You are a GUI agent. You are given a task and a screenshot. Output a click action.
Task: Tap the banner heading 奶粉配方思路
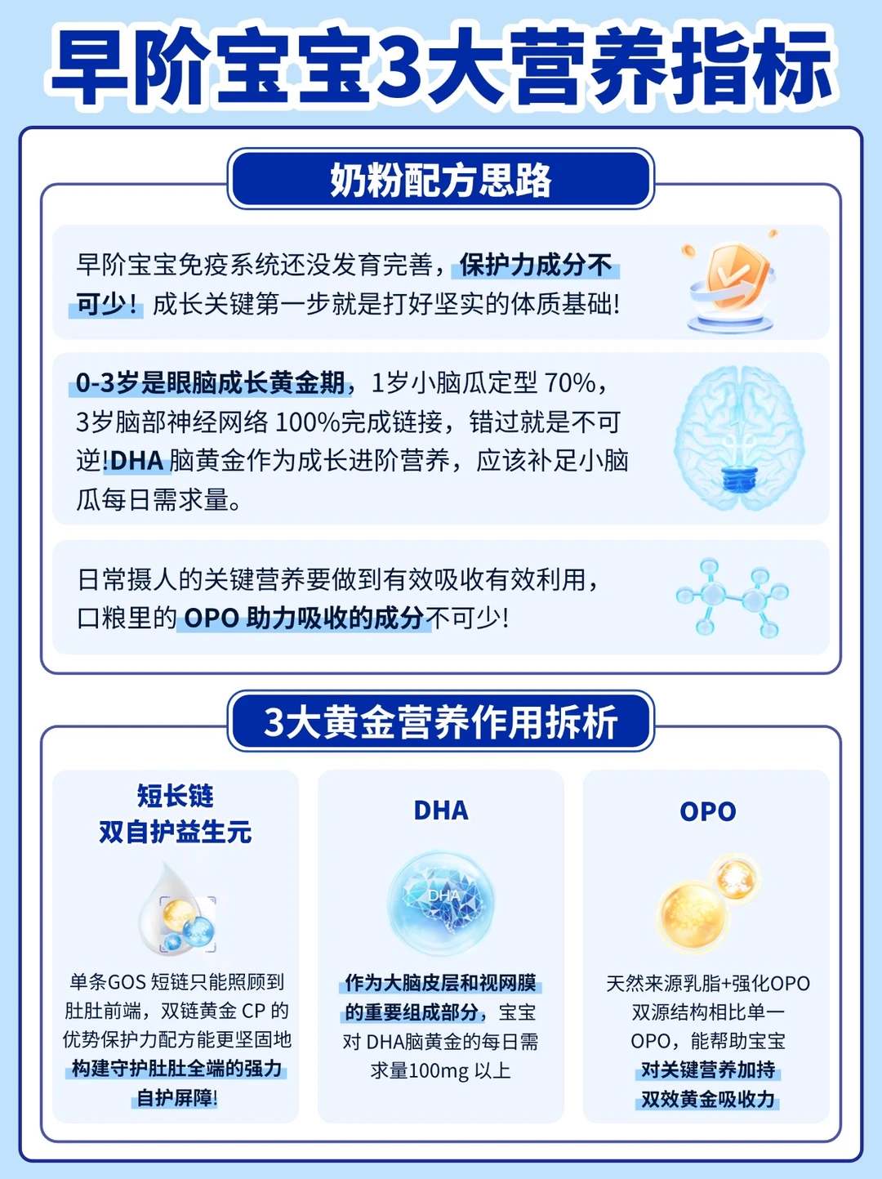pyautogui.click(x=440, y=180)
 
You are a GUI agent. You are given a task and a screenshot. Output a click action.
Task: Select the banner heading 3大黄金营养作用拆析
pyautogui.click(x=440, y=722)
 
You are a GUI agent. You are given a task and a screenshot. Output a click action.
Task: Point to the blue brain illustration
pyautogui.click(x=739, y=438)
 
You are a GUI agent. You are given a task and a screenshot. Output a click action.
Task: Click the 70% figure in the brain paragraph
pyautogui.click(x=569, y=383)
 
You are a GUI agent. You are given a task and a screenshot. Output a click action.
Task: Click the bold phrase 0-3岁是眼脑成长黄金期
pyautogui.click(x=211, y=383)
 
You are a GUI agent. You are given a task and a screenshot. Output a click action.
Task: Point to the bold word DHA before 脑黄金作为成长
pyautogui.click(x=137, y=462)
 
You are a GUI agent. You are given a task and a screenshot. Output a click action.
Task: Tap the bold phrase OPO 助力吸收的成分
pyautogui.click(x=304, y=619)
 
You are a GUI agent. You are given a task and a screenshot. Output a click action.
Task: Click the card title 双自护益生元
pyautogui.click(x=175, y=833)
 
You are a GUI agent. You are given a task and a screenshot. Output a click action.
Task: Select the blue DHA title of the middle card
pyautogui.click(x=441, y=811)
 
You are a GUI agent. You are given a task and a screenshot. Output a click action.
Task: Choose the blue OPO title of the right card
pyautogui.click(x=707, y=811)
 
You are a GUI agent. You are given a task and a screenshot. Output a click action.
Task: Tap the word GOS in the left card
pyautogui.click(x=127, y=982)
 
